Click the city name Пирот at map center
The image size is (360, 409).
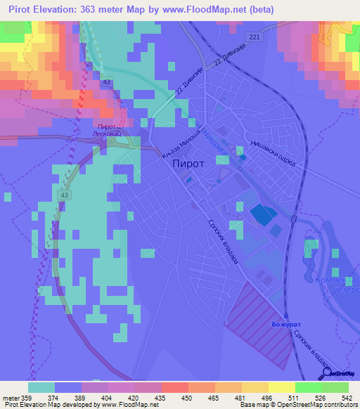[188, 163]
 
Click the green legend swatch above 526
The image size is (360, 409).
[309, 387]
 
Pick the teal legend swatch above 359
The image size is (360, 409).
[41, 387]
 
